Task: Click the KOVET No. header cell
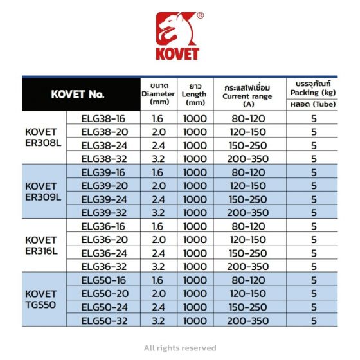(x=77, y=94)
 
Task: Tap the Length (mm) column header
(x=194, y=94)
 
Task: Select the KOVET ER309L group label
(x=42, y=192)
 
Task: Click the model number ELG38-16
(x=104, y=118)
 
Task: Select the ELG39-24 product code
(x=104, y=199)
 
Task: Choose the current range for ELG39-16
(x=248, y=172)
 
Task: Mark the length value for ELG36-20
(x=194, y=240)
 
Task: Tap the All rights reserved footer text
(x=180, y=348)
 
